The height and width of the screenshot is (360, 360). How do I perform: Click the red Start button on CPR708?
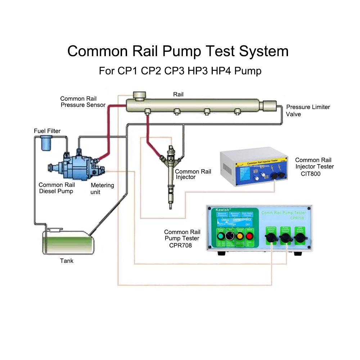click(x=249, y=237)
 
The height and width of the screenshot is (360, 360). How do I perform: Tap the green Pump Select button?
click(x=221, y=237)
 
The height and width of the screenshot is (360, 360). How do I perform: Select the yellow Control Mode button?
click(x=240, y=237)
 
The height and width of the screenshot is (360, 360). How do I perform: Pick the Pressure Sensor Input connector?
click(x=271, y=239)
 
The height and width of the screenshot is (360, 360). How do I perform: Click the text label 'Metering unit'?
click(x=102, y=189)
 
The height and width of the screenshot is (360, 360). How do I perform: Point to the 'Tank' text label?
click(x=67, y=261)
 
